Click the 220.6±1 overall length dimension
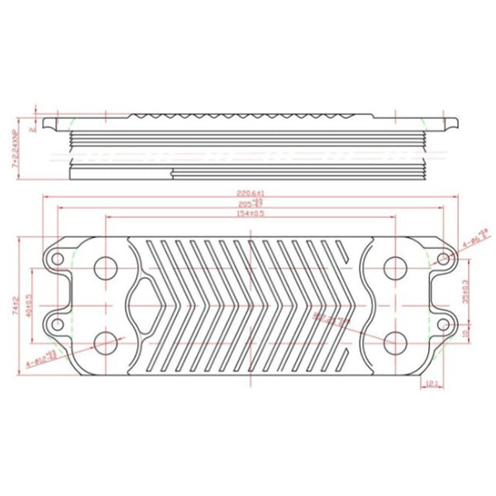point(249,193)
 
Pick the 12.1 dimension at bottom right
point(431,382)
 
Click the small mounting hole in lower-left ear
point(58,321)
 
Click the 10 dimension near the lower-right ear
point(465,333)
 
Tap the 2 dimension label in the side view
point(31,129)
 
